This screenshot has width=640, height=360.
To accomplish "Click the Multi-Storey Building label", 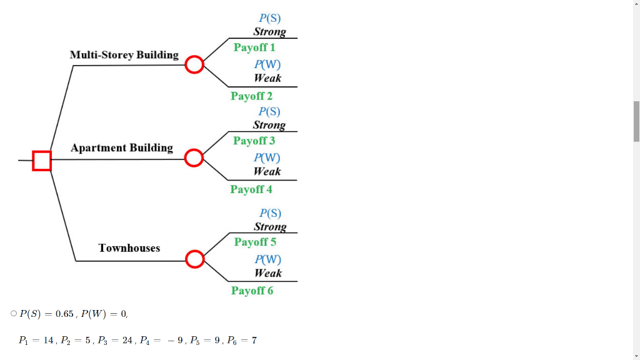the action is click(x=124, y=55).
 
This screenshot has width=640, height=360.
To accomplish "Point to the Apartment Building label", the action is click(x=122, y=147).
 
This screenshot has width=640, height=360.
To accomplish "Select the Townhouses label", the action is click(x=129, y=248).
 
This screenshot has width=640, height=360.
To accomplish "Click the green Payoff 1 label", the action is click(x=254, y=47).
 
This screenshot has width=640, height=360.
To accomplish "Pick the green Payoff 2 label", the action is click(x=251, y=96).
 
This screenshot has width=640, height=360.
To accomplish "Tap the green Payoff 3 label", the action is click(x=254, y=141).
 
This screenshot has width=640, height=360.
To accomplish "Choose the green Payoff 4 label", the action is click(x=251, y=189).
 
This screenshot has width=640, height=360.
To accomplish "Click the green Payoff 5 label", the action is click(x=255, y=242).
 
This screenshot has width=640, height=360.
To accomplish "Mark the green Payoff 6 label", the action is click(x=252, y=291).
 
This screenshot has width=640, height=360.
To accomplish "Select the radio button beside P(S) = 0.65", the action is click(x=14, y=314).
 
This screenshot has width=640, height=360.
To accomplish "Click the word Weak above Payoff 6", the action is click(x=268, y=273).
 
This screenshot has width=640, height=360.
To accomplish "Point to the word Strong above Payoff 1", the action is click(x=270, y=32).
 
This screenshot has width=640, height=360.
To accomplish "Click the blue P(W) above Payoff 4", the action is click(x=267, y=158).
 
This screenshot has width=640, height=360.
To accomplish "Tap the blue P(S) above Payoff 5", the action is click(x=270, y=214).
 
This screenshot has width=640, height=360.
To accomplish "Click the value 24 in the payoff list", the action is click(x=127, y=341).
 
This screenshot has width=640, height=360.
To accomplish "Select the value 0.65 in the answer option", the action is click(x=64, y=314).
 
